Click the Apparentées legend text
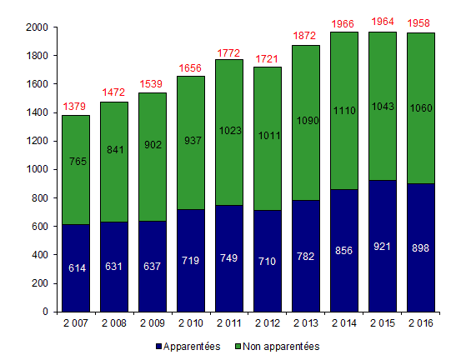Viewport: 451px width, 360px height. [193, 346]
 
